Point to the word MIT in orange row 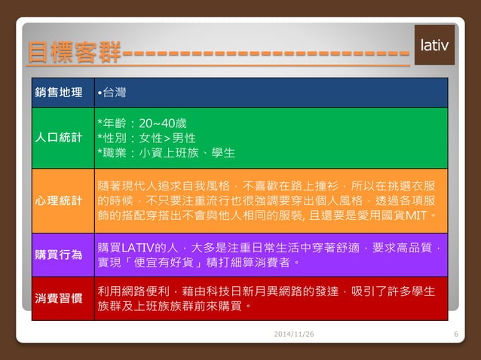tap(416, 215)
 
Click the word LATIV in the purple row tap(138, 247)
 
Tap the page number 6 tap(456, 334)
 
